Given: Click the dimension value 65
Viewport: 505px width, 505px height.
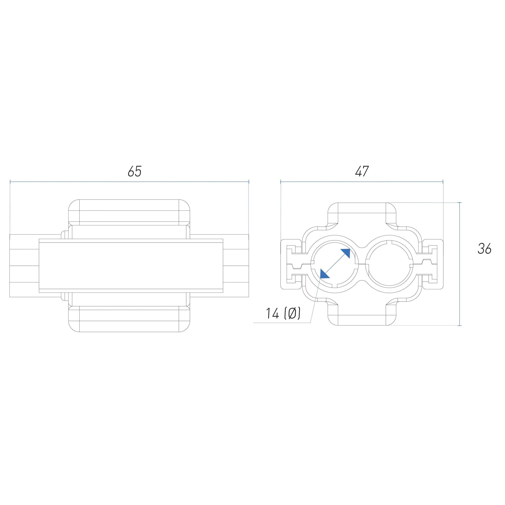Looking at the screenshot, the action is coord(135,171).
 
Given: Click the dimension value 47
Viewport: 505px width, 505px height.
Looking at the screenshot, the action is coord(362,171).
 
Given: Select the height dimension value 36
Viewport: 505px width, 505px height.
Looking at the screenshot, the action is coord(484,249).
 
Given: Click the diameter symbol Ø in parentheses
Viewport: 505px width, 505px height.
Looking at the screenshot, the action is coord(292,314).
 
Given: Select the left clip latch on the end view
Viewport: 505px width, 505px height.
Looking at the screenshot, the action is coord(291,264).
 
